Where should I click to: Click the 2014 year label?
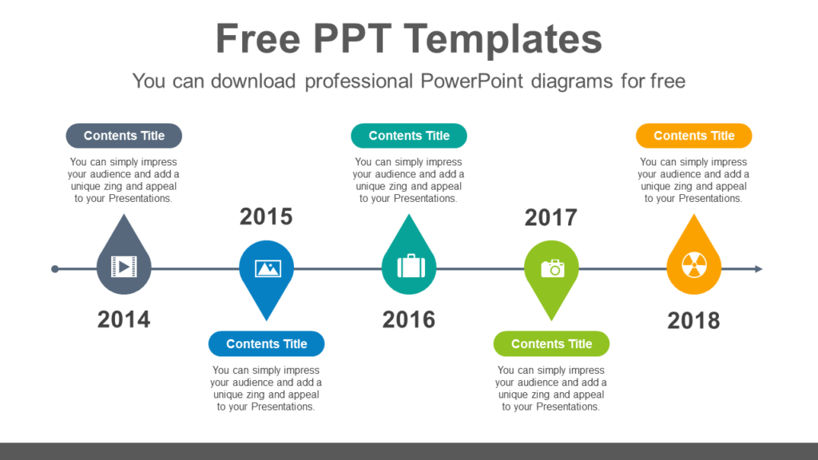click(x=124, y=319)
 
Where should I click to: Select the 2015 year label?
click(x=266, y=216)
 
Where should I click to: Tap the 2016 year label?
click(x=409, y=319)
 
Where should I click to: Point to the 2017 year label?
click(x=551, y=216)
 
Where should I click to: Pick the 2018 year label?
click(x=693, y=320)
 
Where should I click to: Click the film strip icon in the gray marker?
click(x=124, y=266)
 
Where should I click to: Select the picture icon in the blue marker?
click(x=267, y=268)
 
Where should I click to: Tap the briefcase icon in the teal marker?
click(x=409, y=266)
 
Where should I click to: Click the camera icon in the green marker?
click(x=552, y=268)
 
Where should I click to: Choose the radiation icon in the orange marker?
click(x=693, y=266)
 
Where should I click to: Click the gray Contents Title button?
click(x=124, y=136)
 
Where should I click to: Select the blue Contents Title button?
click(x=267, y=343)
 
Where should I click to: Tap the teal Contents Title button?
click(x=409, y=136)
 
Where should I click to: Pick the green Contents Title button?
click(x=552, y=343)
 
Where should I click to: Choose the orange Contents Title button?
click(x=693, y=136)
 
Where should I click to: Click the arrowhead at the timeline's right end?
click(x=758, y=269)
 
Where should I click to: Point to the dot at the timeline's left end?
click(x=54, y=269)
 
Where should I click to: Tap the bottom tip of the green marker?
click(x=552, y=319)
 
